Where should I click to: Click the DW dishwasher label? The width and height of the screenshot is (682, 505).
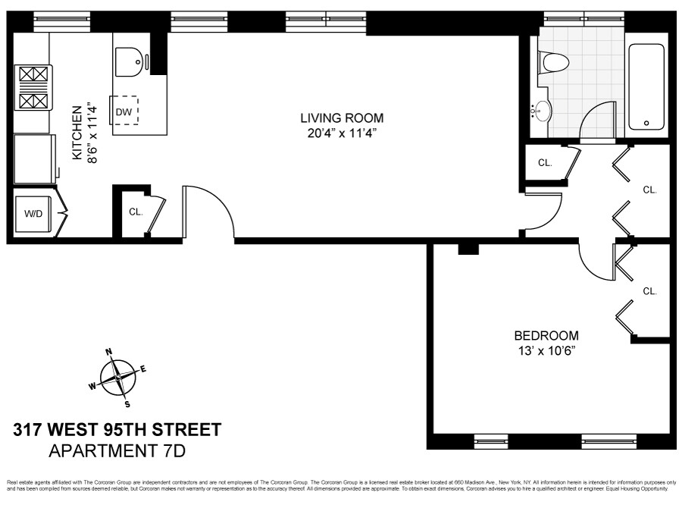coord(124,113)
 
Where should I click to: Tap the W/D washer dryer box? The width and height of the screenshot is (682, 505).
coord(33,213)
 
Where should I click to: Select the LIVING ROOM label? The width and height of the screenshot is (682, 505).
coord(342,118)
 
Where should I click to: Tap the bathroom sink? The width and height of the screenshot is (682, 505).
coord(542,111)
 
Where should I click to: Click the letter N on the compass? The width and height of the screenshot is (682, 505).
coord(109,352)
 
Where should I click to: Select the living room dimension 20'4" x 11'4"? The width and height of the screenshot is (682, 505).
coord(342,133)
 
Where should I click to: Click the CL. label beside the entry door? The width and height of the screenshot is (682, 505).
coord(136,212)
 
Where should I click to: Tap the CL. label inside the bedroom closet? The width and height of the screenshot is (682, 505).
coord(649,290)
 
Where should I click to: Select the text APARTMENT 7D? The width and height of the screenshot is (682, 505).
coord(117,452)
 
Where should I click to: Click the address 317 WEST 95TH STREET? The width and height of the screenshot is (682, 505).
coord(117,431)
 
